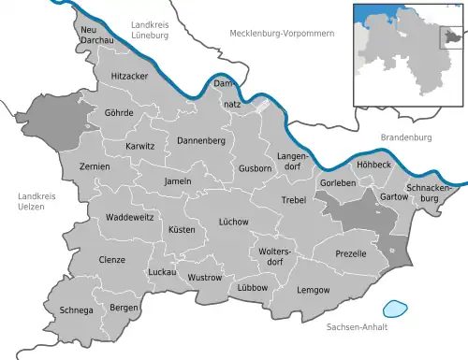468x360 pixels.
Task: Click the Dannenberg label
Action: tap(197, 140)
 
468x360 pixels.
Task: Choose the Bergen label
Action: tap(122, 307)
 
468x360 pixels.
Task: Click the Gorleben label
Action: tap(337, 183)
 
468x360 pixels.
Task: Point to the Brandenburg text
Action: tap(404, 137)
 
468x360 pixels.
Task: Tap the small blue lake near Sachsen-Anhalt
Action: tap(397, 307)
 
